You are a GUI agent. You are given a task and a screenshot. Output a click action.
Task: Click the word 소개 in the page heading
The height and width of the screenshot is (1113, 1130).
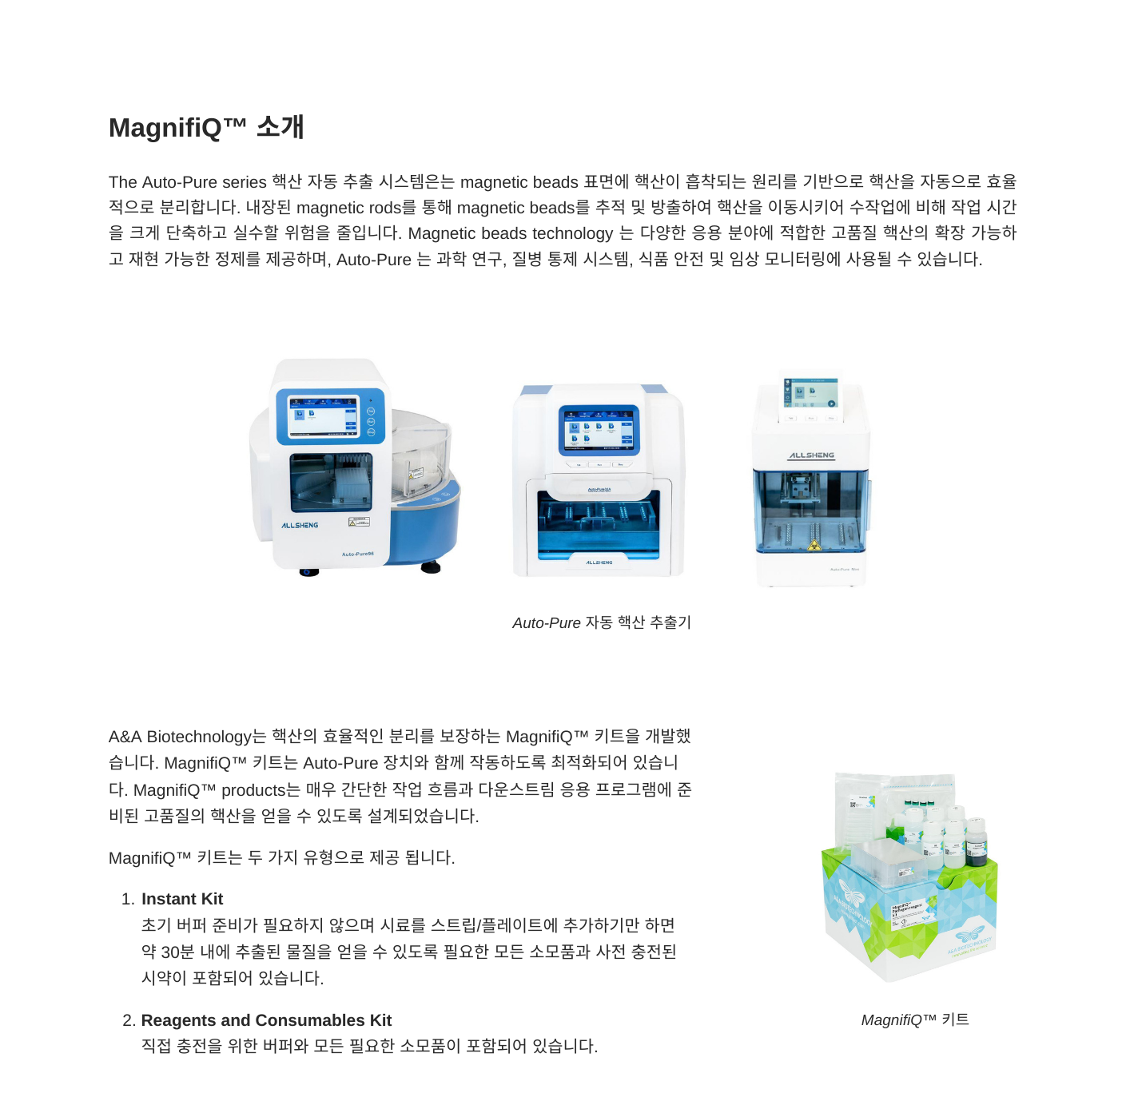click(x=280, y=127)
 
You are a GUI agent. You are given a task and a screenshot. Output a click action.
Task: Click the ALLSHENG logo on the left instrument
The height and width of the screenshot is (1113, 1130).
click(x=300, y=526)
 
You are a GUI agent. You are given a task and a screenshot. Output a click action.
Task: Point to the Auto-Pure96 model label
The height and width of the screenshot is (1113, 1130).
click(x=357, y=554)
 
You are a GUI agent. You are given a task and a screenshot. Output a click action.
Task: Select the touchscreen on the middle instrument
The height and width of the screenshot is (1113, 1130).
click(x=599, y=431)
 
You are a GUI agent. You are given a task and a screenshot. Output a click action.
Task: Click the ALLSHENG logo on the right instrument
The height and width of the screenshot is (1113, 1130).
click(x=811, y=455)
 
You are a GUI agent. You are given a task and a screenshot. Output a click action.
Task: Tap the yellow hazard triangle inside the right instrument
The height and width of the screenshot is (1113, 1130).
click(x=814, y=546)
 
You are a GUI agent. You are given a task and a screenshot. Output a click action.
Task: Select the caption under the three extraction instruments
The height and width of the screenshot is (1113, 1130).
click(x=601, y=622)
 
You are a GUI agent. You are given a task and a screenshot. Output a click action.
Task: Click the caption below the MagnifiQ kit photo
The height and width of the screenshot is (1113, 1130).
click(x=914, y=1020)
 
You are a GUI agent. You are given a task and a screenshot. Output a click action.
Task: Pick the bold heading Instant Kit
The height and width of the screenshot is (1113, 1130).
click(x=182, y=899)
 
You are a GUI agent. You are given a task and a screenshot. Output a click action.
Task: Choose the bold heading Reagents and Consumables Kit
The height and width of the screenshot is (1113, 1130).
click(x=266, y=1020)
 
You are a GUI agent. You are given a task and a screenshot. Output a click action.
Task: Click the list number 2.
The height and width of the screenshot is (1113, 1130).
click(x=128, y=1020)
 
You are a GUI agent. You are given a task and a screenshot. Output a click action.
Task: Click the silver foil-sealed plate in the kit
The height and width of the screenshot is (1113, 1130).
click(x=855, y=807)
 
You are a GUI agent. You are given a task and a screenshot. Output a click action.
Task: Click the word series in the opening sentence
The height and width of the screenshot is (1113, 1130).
click(x=245, y=182)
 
